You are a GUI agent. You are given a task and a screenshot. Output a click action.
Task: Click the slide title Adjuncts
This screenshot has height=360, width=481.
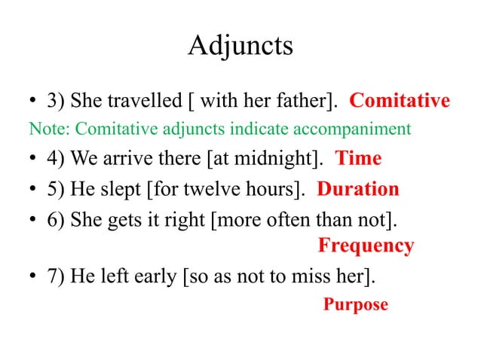pyautogui.click(x=240, y=47)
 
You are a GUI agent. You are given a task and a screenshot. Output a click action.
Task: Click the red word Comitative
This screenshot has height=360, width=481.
pyautogui.click(x=400, y=100)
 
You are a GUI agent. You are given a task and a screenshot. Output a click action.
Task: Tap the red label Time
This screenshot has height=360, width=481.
pyautogui.click(x=358, y=159)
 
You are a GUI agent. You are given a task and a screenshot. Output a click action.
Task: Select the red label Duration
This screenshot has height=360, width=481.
pyautogui.click(x=358, y=188)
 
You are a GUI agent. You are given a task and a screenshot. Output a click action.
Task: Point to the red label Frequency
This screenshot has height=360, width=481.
pyautogui.click(x=366, y=246)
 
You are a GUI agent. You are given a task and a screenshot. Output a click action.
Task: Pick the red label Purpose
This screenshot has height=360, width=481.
pyautogui.click(x=355, y=304)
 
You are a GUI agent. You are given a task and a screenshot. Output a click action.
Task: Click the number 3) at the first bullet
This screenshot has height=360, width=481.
pyautogui.click(x=57, y=101)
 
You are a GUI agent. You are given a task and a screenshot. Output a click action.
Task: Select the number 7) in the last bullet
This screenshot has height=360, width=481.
pyautogui.click(x=57, y=276)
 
